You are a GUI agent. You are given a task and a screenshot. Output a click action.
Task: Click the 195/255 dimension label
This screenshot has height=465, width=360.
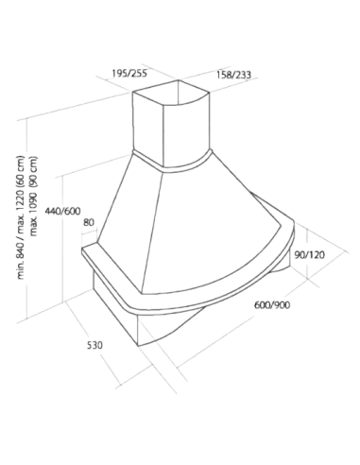tap(129, 73)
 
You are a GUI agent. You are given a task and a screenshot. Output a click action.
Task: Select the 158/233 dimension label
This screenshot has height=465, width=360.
tap(233, 75)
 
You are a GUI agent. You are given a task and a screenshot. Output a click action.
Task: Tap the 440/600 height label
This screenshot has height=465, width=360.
tap(62, 211)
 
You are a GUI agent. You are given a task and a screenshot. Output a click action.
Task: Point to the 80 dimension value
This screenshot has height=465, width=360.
tap(89, 222)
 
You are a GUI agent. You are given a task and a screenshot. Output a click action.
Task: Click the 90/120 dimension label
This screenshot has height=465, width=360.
tap(309, 254)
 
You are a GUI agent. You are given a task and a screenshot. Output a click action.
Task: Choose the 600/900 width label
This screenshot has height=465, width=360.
tap(272, 304)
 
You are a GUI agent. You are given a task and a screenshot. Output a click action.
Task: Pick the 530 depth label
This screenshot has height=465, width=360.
tap(94, 345)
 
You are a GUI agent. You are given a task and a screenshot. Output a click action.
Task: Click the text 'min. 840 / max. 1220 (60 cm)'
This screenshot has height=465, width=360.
tap(21, 217)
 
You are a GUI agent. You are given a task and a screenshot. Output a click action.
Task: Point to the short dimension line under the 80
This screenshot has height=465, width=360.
tap(89, 232)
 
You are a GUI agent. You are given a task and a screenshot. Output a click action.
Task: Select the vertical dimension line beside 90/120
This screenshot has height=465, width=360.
tap(307, 254)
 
